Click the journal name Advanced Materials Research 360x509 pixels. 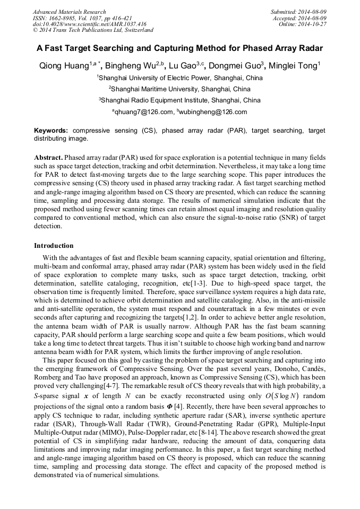pyautogui.click(x=69, y=12)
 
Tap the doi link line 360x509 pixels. pyautogui.click(x=89, y=24)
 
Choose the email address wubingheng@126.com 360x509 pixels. pyautogui.click(x=213, y=112)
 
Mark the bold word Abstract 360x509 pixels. pyautogui.click(x=48, y=158)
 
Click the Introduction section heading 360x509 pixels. pyautogui.click(x=54, y=246)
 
